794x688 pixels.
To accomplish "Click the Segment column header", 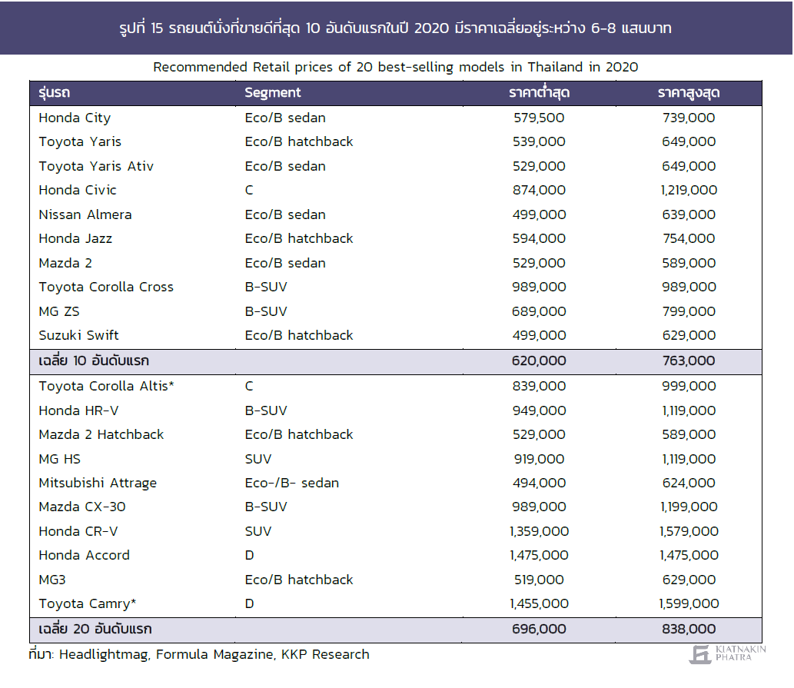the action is click(x=272, y=93).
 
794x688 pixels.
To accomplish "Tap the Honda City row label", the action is click(x=75, y=118).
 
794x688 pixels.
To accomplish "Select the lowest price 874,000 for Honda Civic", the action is click(x=539, y=191).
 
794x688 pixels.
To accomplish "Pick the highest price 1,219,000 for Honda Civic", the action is click(x=689, y=191).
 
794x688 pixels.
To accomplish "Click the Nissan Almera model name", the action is click(x=85, y=214).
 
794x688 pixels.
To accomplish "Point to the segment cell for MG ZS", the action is click(x=266, y=311).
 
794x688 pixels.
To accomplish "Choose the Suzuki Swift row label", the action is click(x=78, y=335).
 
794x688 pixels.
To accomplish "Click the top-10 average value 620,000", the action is click(x=539, y=361).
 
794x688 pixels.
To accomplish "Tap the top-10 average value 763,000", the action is click(x=689, y=361).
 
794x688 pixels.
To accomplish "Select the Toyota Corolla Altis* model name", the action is click(x=106, y=386).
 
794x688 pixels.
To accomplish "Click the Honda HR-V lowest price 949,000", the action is click(x=539, y=410).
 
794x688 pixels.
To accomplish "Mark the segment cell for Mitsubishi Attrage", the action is click(x=291, y=483).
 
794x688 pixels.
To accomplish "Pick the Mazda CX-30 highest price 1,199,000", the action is click(x=689, y=507).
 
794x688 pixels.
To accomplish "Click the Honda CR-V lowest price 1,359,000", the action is click(x=539, y=532).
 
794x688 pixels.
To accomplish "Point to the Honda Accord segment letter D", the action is click(x=249, y=555).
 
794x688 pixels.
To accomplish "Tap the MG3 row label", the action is click(x=52, y=580).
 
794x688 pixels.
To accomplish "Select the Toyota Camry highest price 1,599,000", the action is click(x=689, y=603).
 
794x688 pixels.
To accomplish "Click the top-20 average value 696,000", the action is click(x=539, y=630).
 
